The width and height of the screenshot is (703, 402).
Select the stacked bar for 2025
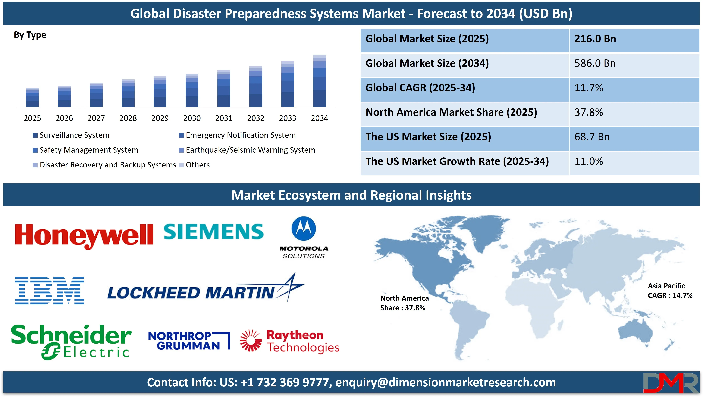32,97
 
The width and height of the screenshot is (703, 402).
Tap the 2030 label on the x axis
192,118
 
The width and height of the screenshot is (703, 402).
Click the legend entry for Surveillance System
71,135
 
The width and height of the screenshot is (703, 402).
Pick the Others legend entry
195,165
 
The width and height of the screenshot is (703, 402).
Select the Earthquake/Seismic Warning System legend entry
247,150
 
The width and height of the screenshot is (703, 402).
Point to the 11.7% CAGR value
589,88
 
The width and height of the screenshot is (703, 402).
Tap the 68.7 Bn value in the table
592,137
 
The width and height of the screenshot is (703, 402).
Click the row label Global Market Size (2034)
427,63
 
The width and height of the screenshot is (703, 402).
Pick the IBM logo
49,291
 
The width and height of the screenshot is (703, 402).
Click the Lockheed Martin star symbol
290,287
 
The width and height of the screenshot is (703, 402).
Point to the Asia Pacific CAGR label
670,291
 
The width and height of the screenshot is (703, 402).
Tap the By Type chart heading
30,35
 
